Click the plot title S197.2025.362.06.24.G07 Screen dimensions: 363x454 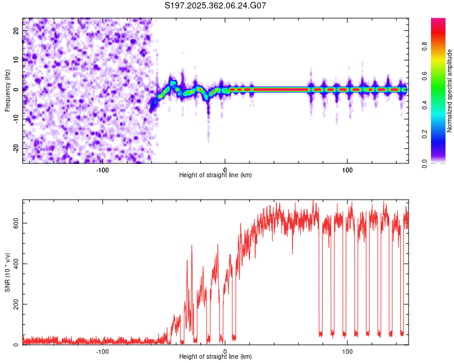click(x=215, y=5)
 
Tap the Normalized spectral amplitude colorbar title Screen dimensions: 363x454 click(x=449, y=91)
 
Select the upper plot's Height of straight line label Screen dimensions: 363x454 click(x=215, y=175)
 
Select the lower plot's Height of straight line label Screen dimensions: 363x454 click(x=215, y=356)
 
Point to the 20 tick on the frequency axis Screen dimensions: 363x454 click(x=16, y=30)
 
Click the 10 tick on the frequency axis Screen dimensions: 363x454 click(x=16, y=60)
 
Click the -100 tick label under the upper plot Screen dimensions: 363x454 click(x=102, y=169)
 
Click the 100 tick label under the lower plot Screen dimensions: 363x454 click(x=347, y=351)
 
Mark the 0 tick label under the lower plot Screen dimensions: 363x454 click(x=225, y=351)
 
